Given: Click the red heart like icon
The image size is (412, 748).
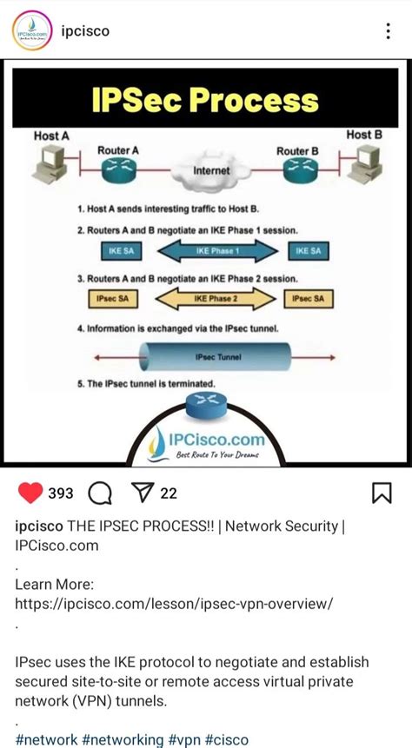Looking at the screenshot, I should pos(30,493).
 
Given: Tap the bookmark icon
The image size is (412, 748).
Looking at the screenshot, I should pos(382,493).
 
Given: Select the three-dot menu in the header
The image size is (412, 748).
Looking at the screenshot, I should pos(388,31).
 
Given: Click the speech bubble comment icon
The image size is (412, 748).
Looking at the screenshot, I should pos(101,493).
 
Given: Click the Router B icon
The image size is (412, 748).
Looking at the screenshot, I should pos(297,171).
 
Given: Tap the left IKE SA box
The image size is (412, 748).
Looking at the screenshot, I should pos(121,251).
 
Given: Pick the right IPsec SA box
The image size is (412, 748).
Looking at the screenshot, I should pos(308,299).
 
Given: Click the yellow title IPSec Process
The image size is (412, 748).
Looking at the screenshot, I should pos(206,103).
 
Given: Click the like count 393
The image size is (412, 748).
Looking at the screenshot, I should pos(61,493).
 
